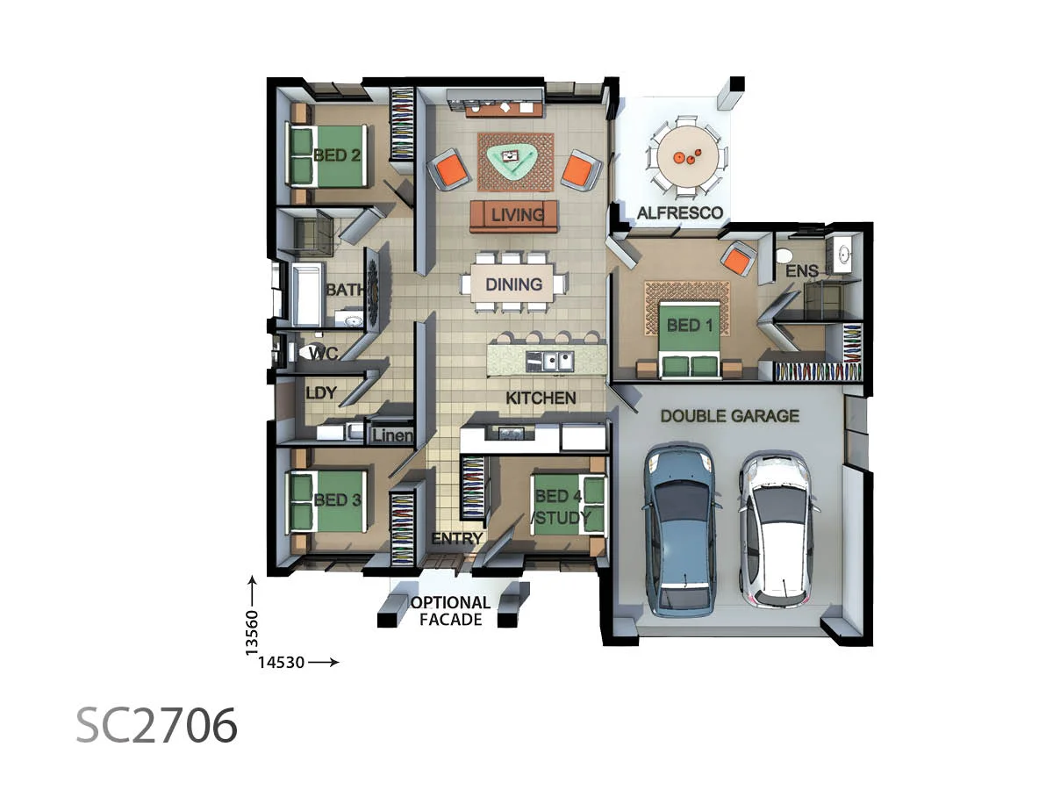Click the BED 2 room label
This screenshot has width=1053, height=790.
click(338, 156)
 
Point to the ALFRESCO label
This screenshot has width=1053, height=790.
click(680, 213)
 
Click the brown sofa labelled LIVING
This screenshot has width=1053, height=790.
click(513, 216)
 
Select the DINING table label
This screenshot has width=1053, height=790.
click(513, 284)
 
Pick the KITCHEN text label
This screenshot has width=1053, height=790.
click(541, 399)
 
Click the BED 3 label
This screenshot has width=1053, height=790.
click(338, 500)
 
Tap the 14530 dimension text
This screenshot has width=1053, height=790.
click(281, 663)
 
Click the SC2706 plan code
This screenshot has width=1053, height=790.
click(157, 725)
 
